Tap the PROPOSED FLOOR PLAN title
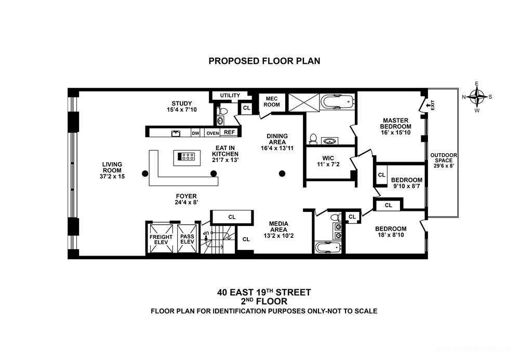click(264, 61)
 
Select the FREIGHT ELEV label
click(161, 239)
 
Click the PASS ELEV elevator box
click(187, 239)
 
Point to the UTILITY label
click(230, 96)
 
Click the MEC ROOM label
click(272, 101)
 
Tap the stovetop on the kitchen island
click(188, 155)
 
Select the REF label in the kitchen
click(229, 132)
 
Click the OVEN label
click(212, 133)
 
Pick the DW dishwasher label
click(195, 133)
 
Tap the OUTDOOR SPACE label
click(444, 161)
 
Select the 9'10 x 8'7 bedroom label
click(406, 183)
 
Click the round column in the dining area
click(282, 174)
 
